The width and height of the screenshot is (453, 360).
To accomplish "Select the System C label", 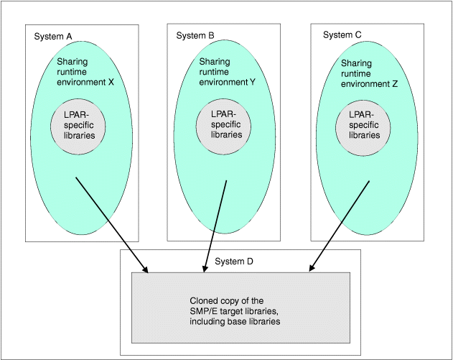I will (x=342, y=34).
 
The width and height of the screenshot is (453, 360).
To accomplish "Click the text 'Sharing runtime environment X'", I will (x=85, y=72).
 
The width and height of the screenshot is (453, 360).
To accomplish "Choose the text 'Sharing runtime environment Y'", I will (x=227, y=72).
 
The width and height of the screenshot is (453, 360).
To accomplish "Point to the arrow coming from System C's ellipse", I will (x=340, y=225).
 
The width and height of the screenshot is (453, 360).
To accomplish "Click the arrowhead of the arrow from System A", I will (x=145, y=270).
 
